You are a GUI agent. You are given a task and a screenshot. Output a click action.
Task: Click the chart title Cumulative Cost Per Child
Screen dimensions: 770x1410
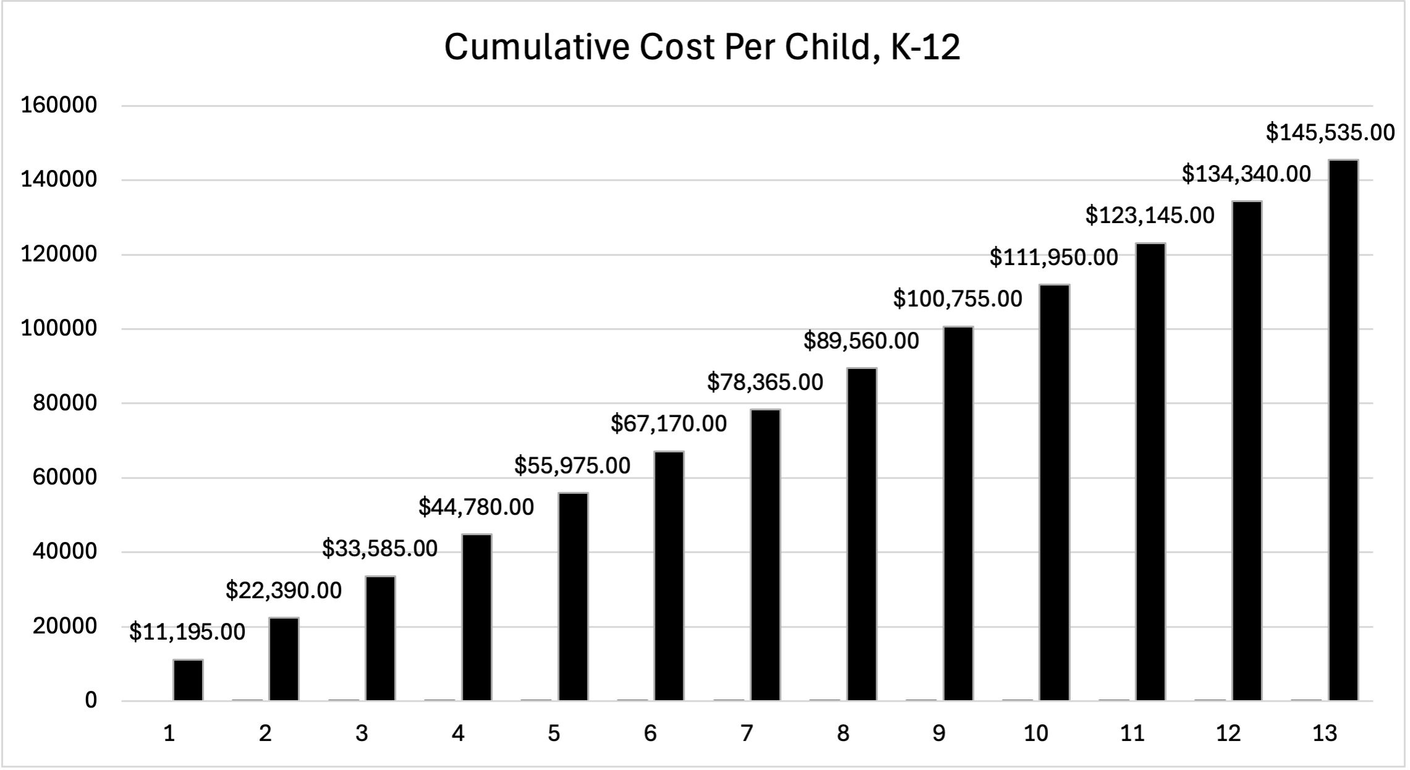(702, 48)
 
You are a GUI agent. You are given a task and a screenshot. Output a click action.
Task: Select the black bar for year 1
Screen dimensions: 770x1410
(188, 680)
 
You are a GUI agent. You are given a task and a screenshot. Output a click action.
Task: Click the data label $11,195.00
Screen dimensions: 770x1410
(187, 632)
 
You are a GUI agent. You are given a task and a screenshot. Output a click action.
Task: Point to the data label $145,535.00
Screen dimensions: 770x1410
(1330, 133)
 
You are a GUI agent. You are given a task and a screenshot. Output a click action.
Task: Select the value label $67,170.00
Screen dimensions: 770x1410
(669, 423)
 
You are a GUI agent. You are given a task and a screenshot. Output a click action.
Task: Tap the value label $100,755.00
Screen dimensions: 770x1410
(958, 299)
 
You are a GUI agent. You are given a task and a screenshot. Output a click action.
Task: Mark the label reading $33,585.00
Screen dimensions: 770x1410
(380, 548)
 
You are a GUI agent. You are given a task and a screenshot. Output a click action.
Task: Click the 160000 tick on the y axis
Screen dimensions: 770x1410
(59, 105)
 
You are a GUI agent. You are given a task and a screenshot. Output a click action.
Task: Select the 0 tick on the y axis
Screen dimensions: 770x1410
(91, 700)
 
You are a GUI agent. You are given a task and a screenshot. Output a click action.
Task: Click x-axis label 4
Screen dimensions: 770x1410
(457, 734)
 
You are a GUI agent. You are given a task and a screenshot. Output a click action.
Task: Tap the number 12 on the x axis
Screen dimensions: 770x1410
(1228, 734)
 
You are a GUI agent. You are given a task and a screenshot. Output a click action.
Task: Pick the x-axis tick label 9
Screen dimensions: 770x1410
(939, 734)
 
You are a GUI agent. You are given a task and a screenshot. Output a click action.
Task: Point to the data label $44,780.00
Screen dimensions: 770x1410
(476, 507)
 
